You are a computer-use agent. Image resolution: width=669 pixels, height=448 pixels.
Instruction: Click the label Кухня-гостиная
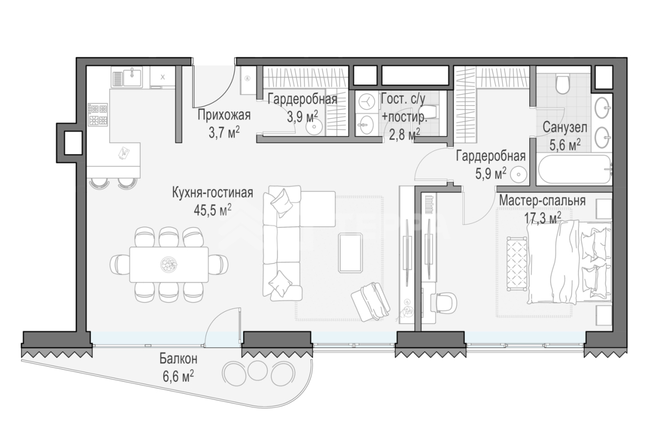click(212, 192)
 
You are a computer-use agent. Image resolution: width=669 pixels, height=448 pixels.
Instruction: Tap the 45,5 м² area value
click(212, 210)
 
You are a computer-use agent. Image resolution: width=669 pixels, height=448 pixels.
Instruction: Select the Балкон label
click(178, 359)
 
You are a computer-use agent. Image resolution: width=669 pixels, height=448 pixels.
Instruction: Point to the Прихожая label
click(224, 115)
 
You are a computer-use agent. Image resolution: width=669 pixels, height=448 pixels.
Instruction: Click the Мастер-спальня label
click(543, 201)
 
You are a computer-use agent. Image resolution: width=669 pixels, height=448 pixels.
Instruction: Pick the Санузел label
click(565, 127)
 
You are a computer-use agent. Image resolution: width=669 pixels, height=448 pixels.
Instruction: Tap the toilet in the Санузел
click(563, 85)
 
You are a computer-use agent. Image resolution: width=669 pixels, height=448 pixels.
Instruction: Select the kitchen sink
click(126, 76)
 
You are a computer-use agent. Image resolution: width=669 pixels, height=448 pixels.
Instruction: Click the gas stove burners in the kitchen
click(98, 114)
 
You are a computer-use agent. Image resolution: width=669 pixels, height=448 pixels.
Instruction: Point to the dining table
click(169, 265)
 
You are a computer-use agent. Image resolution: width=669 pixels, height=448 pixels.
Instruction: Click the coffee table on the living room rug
click(351, 253)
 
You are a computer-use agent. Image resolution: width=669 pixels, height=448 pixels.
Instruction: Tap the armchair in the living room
click(371, 302)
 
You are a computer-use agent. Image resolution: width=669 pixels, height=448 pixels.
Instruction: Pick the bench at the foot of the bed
click(517, 263)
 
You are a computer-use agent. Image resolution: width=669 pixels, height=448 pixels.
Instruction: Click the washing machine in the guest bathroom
click(366, 101)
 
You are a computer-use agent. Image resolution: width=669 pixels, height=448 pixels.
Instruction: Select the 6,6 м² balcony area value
click(178, 376)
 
